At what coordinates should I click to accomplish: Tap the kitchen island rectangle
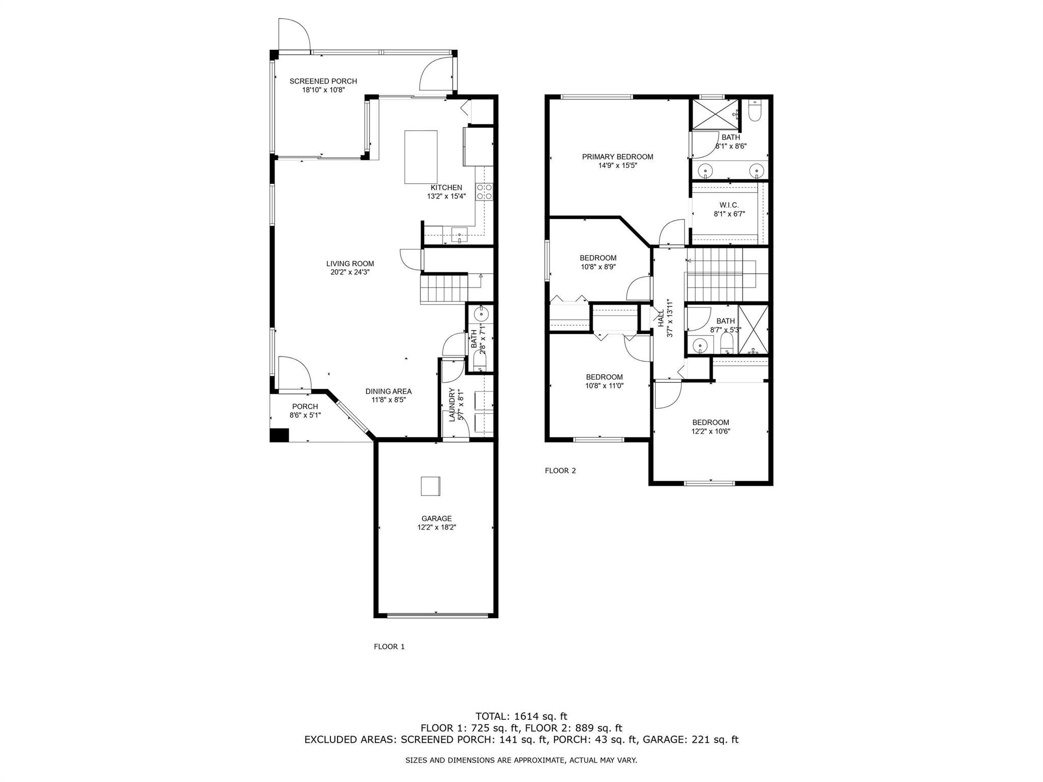click(x=421, y=157)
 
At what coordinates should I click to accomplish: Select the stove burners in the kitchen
click(x=484, y=191)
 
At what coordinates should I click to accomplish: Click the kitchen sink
click(x=459, y=236)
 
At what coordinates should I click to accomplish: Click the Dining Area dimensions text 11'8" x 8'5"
click(x=389, y=400)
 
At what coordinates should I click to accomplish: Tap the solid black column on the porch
click(x=279, y=435)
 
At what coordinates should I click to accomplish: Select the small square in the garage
click(x=430, y=486)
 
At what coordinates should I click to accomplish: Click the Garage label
click(x=436, y=519)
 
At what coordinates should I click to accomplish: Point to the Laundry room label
click(x=451, y=405)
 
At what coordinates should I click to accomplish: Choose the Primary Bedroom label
click(x=618, y=157)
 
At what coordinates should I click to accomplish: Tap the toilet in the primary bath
click(x=755, y=110)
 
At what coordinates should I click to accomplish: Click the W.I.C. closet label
click(x=729, y=205)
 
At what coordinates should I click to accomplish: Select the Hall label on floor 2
click(x=661, y=318)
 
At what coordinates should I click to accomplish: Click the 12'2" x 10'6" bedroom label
click(x=710, y=427)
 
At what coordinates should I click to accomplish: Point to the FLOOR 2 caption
click(x=560, y=470)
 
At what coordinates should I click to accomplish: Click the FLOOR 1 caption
click(x=389, y=647)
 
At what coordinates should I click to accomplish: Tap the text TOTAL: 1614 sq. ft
click(x=521, y=716)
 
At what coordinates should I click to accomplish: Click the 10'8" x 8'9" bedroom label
click(x=598, y=262)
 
